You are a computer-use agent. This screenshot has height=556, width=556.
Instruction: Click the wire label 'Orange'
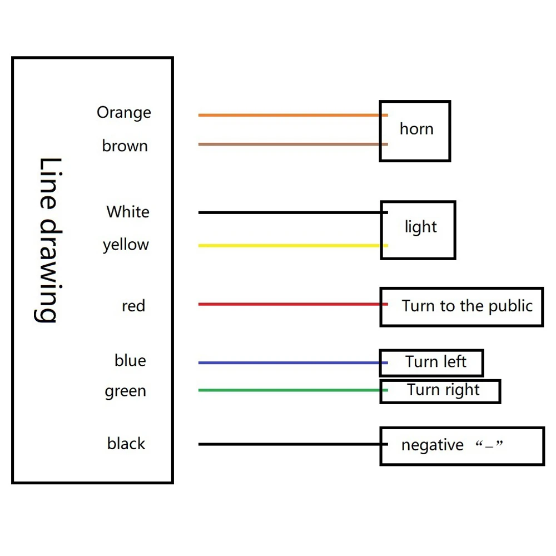pyautogui.click(x=123, y=113)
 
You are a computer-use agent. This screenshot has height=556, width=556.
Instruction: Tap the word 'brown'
pyautogui.click(x=125, y=146)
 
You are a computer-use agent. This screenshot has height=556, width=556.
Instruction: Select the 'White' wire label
pyautogui.click(x=128, y=212)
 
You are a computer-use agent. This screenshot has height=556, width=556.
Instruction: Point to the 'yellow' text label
pyautogui.click(x=126, y=245)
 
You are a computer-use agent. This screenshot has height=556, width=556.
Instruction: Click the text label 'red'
pyautogui.click(x=133, y=306)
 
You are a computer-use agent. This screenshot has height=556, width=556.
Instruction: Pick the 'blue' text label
pyautogui.click(x=130, y=360)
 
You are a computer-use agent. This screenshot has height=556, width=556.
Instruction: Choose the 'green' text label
pyautogui.click(x=125, y=391)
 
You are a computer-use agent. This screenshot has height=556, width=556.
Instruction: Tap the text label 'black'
pyautogui.click(x=126, y=444)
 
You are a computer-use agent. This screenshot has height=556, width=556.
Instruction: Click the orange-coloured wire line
pyautogui.click(x=289, y=115)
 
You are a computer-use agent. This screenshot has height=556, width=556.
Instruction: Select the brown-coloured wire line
pyautogui.click(x=289, y=145)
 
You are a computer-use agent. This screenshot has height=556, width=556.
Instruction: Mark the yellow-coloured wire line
pyautogui.click(x=289, y=245)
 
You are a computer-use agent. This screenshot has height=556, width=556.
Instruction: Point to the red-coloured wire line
pyautogui.click(x=289, y=304)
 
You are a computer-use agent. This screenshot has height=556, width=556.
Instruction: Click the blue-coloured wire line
pyautogui.click(x=289, y=363)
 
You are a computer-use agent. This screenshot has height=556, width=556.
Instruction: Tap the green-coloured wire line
pyautogui.click(x=289, y=390)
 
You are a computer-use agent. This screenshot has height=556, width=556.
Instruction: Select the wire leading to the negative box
pyautogui.click(x=289, y=444)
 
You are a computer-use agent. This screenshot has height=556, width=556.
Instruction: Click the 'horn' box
pyautogui.click(x=415, y=131)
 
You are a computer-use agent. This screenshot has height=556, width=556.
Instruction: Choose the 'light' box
pyautogui.click(x=418, y=230)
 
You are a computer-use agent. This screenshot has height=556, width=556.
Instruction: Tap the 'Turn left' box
pyautogui.click(x=431, y=363)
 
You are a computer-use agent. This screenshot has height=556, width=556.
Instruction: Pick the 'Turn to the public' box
pyautogui.click(x=461, y=307)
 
